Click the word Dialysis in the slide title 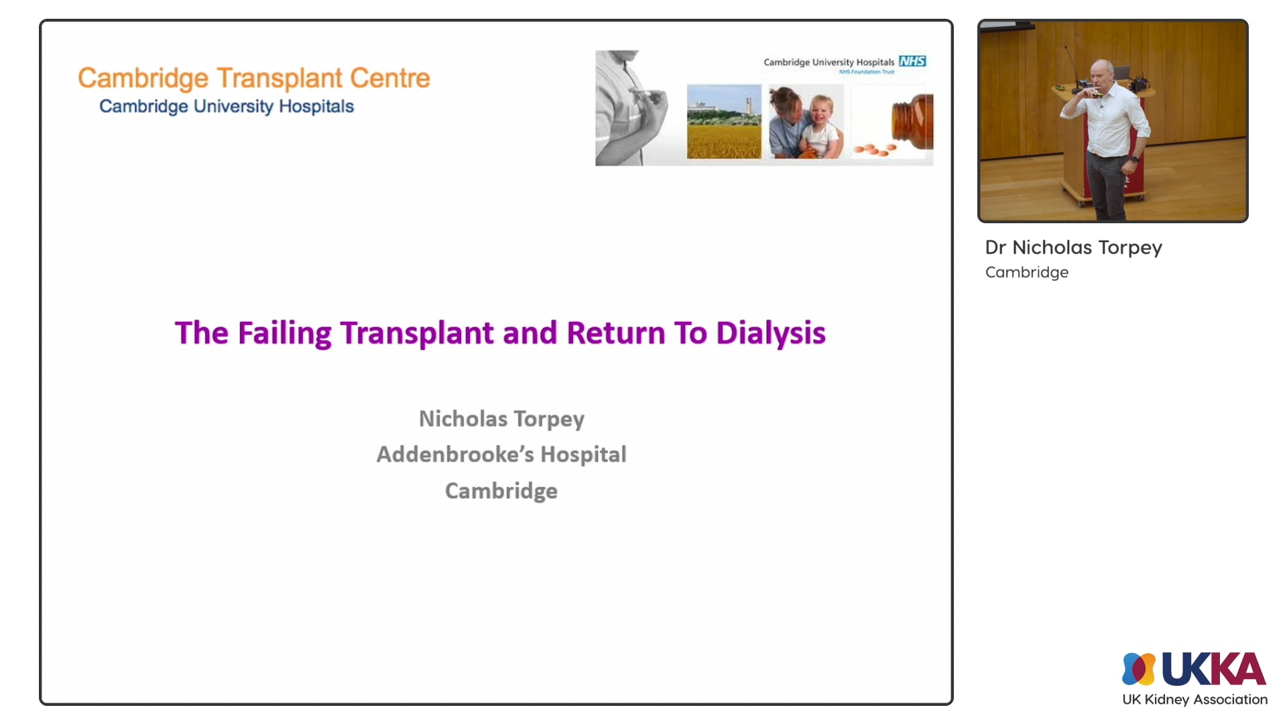tap(770, 333)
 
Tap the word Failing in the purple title tap(284, 333)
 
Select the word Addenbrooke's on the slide tap(454, 455)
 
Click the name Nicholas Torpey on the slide tap(501, 419)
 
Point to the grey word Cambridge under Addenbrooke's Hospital tap(501, 491)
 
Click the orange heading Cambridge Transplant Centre tap(253, 78)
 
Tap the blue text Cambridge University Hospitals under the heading tap(226, 107)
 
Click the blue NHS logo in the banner tap(912, 61)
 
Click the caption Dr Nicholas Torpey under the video tap(1073, 247)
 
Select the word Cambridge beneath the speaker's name tap(1026, 272)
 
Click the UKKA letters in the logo tap(1213, 669)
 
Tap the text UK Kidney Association tap(1194, 699)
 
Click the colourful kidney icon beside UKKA tap(1138, 669)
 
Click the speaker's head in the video tap(1101, 75)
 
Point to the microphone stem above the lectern tap(1070, 64)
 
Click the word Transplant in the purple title tap(416, 333)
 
